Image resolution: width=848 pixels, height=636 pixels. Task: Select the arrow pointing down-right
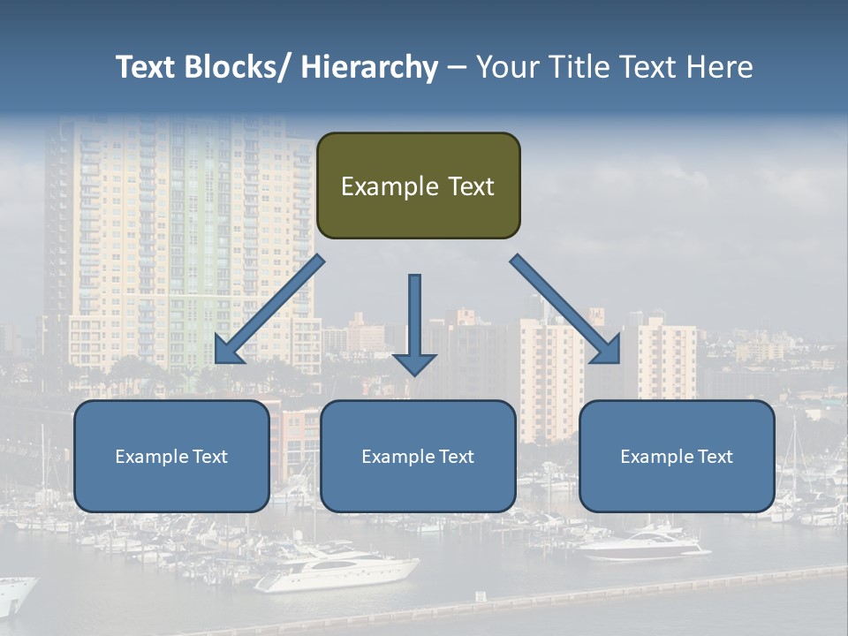(565, 309)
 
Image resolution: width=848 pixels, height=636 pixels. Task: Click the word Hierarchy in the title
(368, 67)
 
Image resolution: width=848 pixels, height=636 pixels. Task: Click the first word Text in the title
(146, 67)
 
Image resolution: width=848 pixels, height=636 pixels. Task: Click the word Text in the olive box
(470, 186)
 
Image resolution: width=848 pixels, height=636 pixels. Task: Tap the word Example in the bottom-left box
(152, 457)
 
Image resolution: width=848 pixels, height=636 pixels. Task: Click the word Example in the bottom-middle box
(398, 457)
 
